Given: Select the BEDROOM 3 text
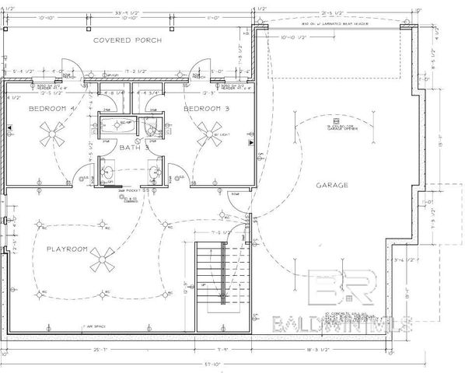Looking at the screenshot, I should pyautogui.click(x=205, y=109).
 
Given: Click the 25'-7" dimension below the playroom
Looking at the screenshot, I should pyautogui.click(x=99, y=350).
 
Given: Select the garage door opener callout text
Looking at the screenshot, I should pyautogui.click(x=321, y=122).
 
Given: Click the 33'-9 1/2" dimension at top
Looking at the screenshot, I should pyautogui.click(x=127, y=12).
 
